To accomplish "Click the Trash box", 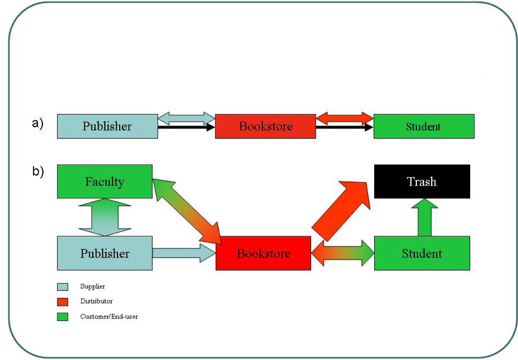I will click(x=422, y=182).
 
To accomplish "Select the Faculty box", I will click(x=105, y=182).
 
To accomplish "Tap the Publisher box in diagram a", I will click(x=107, y=126).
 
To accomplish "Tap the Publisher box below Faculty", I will click(x=105, y=253).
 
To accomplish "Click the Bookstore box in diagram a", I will click(x=265, y=126).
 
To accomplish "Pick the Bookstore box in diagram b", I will click(x=263, y=253).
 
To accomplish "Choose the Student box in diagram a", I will click(x=424, y=126).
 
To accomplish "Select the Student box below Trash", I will click(x=422, y=253).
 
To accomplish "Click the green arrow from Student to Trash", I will click(x=425, y=218).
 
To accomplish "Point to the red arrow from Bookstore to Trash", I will click(x=340, y=211).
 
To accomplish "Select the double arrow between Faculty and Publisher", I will click(x=105, y=217).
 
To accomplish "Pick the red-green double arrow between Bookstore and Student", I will click(x=342, y=253).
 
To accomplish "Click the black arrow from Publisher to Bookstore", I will click(x=186, y=128).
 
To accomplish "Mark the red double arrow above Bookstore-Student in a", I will click(x=345, y=118).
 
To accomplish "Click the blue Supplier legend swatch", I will click(x=63, y=287).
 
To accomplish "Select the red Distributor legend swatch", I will click(x=63, y=302).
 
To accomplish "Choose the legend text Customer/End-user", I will click(x=109, y=316).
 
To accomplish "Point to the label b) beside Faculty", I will click(x=38, y=172).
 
